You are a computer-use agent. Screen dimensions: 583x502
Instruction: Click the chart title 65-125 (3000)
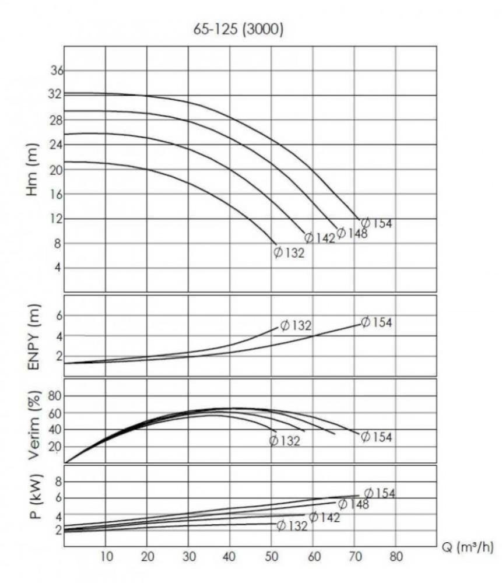(x=238, y=30)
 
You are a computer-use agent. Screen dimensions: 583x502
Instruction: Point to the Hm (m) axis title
(x=33, y=169)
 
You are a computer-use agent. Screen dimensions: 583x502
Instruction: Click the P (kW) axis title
(x=33, y=505)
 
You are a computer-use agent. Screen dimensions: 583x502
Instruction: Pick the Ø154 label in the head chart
(x=376, y=223)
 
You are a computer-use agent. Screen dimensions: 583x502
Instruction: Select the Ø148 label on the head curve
(x=352, y=234)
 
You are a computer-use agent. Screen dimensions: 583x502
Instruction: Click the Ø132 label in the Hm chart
(x=289, y=253)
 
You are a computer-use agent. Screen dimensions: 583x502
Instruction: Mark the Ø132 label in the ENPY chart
(x=296, y=325)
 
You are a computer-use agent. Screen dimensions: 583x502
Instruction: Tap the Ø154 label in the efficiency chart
(x=376, y=437)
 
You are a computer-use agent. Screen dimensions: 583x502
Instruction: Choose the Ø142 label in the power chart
(x=324, y=517)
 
